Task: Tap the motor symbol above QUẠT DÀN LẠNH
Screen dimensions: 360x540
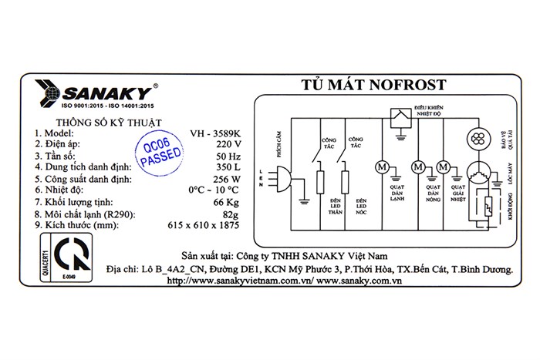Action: pyautogui.click(x=381, y=166)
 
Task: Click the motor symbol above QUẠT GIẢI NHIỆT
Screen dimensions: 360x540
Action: pyautogui.click(x=443, y=166)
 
